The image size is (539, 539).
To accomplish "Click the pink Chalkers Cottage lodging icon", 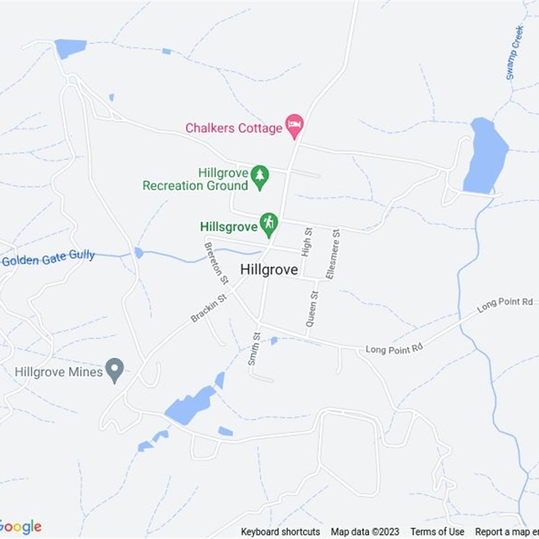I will [x=294, y=125].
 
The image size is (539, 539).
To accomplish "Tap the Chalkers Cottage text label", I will [x=234, y=128].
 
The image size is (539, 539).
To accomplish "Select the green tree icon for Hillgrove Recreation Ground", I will [x=259, y=177].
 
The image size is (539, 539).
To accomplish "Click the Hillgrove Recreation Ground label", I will [x=195, y=179].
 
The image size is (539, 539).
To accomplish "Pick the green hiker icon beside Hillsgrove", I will [x=269, y=224].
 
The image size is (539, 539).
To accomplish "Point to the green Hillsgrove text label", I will [x=229, y=226].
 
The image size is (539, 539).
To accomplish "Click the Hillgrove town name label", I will [x=269, y=269].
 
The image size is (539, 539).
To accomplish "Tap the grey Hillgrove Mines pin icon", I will [x=116, y=370].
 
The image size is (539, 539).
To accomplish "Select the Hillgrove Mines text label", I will [x=59, y=372].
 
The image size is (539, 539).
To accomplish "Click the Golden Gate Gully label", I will [x=49, y=258].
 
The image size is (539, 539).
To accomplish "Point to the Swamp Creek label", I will [x=515, y=53].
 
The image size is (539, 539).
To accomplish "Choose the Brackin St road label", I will [x=208, y=307].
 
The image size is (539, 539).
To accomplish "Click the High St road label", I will [x=307, y=242].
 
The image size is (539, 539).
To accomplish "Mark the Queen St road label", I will [x=312, y=309].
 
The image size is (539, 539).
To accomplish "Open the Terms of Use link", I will [x=437, y=532].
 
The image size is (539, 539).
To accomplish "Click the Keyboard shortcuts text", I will [x=280, y=532].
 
